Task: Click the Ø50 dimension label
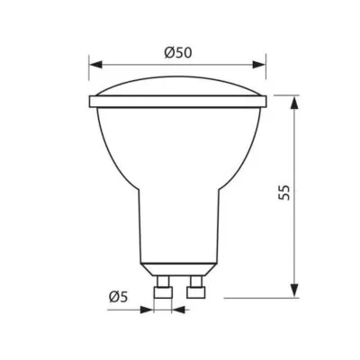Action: [x=179, y=52]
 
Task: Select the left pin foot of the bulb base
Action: [x=163, y=291]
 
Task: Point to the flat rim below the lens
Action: [x=178, y=102]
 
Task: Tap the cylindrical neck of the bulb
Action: [x=178, y=225]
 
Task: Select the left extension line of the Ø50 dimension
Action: [x=89, y=76]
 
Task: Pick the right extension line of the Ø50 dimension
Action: [x=267, y=76]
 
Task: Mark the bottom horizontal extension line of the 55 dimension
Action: [x=261, y=296]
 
